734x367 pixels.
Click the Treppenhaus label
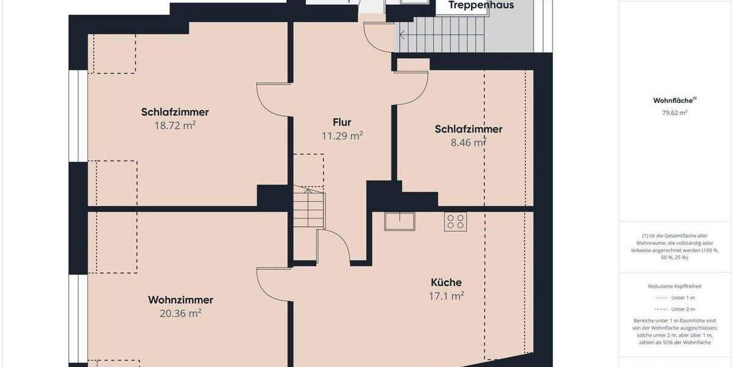click(481, 6)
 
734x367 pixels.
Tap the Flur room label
click(342, 122)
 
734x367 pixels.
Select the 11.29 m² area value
click(342, 136)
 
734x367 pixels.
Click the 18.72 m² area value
click(175, 125)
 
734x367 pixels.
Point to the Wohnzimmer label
click(180, 300)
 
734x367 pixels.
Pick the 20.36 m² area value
click(180, 313)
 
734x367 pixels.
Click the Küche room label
click(446, 282)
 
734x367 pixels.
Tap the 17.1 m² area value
click(446, 295)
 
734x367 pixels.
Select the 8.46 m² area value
click(468, 143)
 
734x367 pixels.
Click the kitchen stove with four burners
click(456, 221)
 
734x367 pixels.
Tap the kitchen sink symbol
click(399, 221)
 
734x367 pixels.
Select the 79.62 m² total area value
click(675, 113)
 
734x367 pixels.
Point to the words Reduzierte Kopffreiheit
click(675, 286)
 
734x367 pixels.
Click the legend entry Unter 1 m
click(683, 297)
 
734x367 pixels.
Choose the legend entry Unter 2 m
click(683, 309)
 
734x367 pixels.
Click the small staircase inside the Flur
click(309, 208)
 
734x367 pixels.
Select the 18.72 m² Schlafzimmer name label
click(175, 112)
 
